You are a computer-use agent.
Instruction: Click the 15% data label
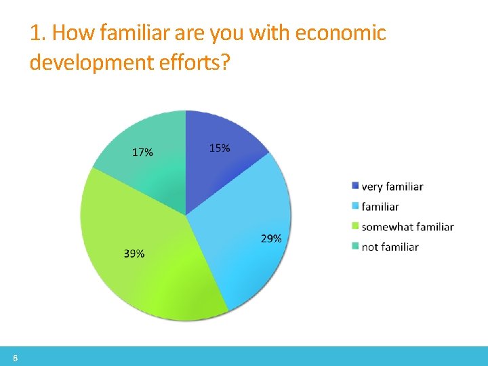219,148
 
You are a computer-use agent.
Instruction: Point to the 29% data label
271,239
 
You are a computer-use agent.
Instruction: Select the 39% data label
134,253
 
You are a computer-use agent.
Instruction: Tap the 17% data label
142,152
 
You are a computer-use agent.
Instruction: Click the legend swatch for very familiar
355,186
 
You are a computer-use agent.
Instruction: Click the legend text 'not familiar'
390,247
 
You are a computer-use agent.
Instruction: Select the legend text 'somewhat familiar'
407,227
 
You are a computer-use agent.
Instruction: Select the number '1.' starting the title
37,33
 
